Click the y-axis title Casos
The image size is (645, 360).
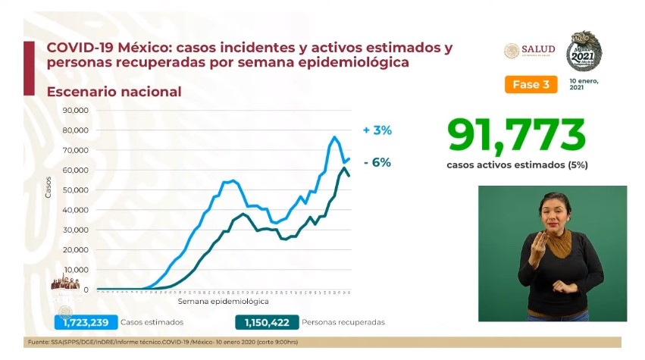tap(49, 186)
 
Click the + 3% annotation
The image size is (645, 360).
tap(377, 130)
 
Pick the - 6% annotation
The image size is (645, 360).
tap(377, 162)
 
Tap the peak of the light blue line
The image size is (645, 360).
tap(334, 137)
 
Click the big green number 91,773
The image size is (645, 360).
tap(516, 135)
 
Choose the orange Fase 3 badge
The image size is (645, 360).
tap(531, 84)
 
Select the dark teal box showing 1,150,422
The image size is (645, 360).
tap(267, 322)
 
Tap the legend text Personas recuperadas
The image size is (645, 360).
tap(343, 322)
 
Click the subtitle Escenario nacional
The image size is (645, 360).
tap(114, 92)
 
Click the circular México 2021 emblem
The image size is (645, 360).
tap(584, 52)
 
